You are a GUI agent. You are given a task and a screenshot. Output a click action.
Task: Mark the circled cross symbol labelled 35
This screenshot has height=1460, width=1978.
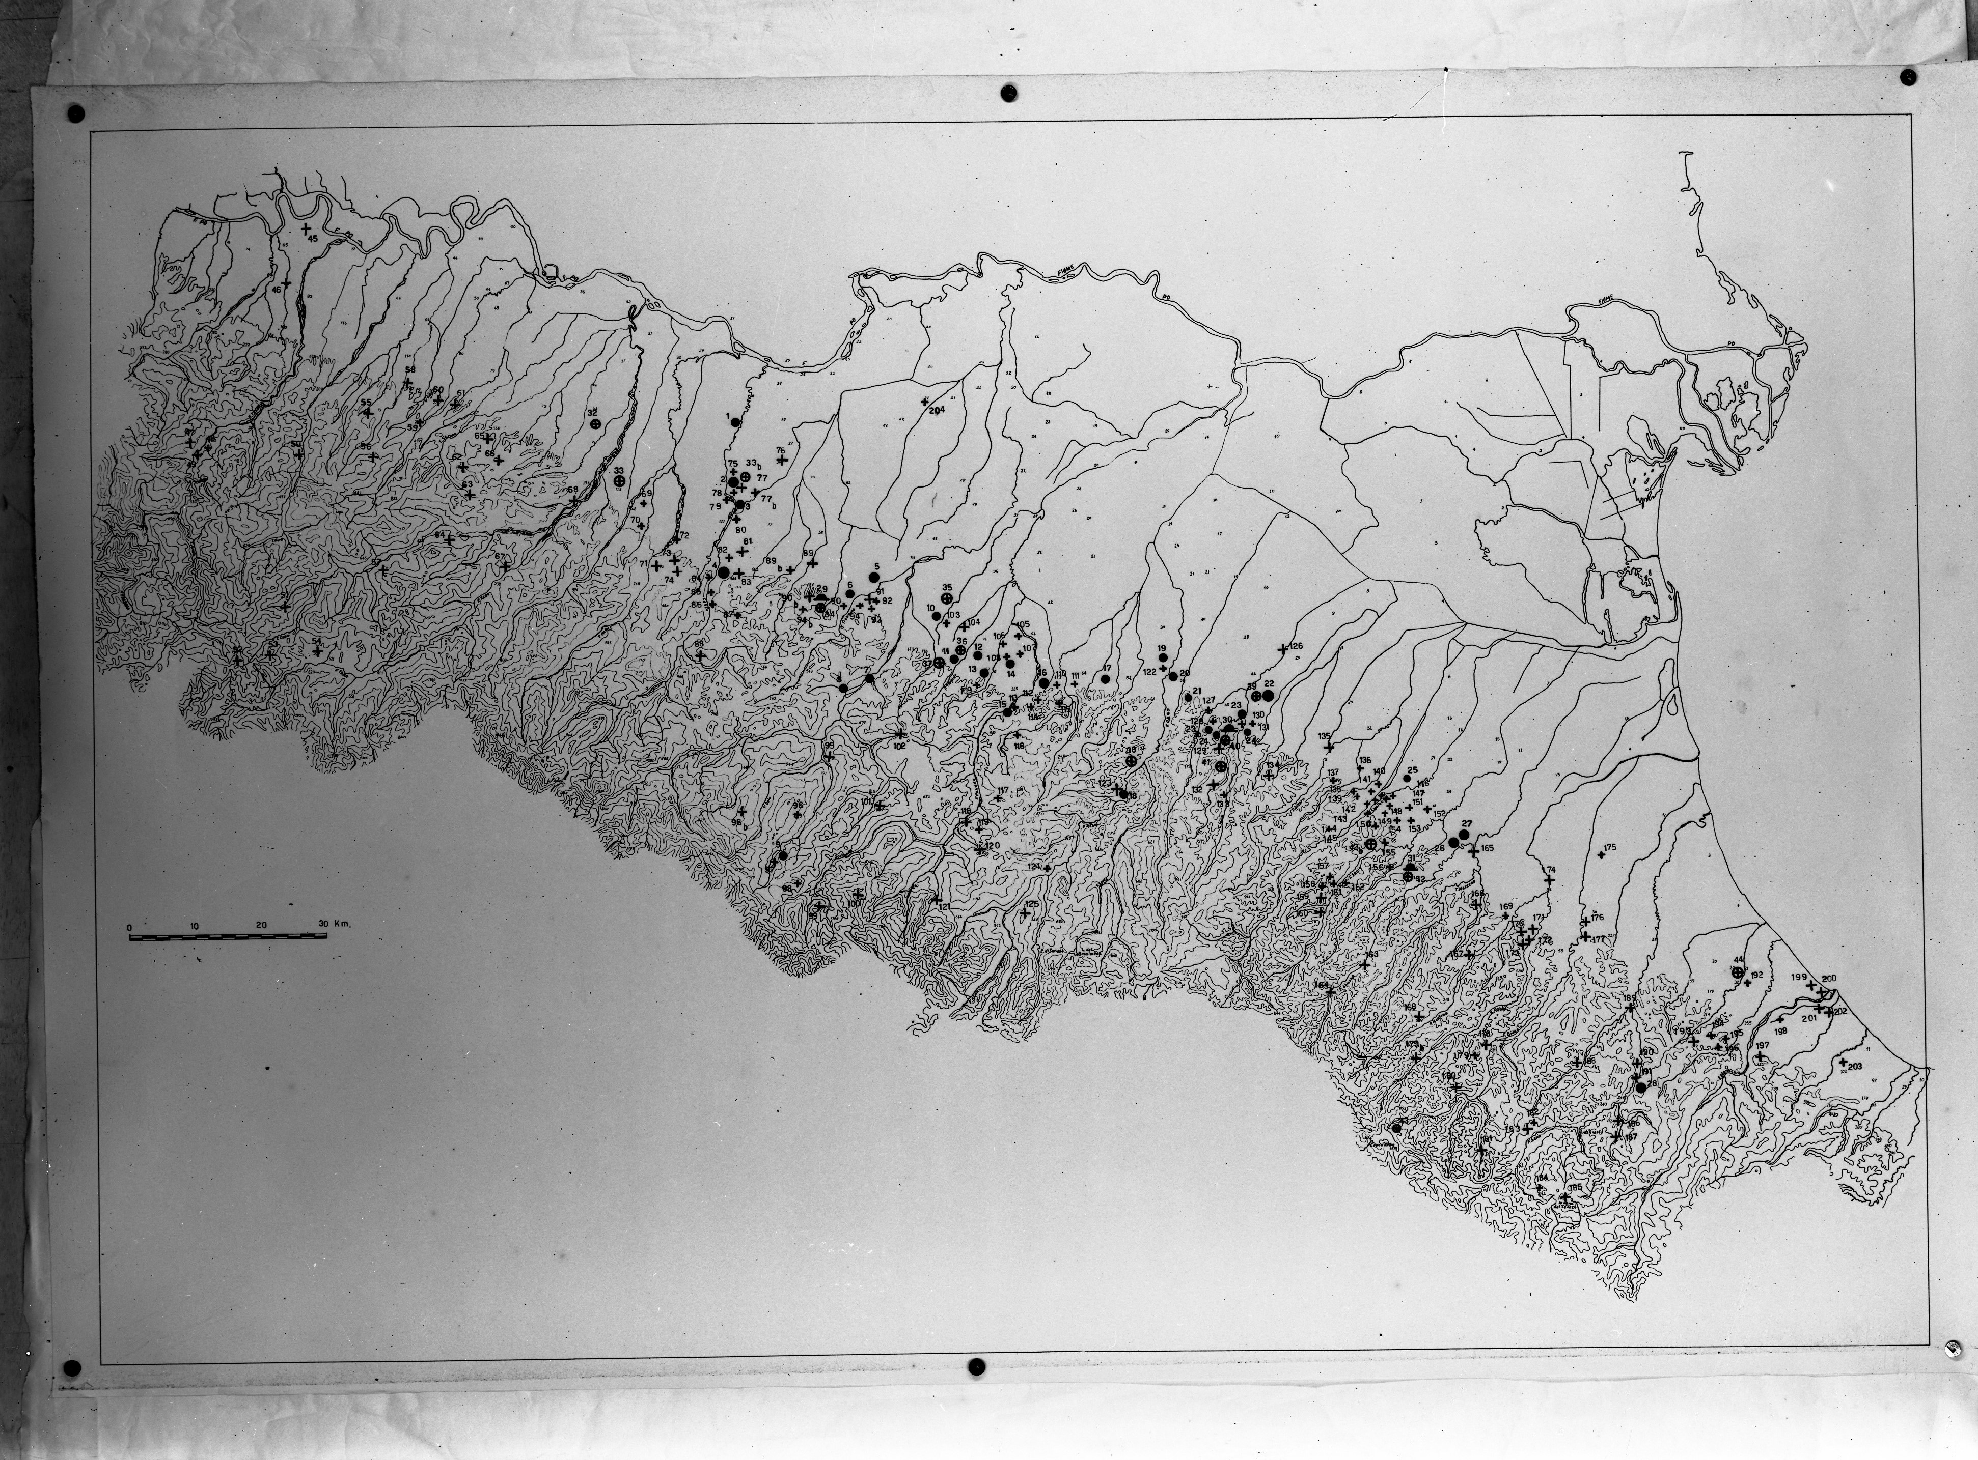(x=947, y=599)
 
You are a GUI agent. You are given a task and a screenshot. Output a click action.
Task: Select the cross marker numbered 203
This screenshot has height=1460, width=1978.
(x=1843, y=1062)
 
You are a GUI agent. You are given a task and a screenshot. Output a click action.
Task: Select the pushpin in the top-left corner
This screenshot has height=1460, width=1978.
(x=74, y=113)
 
